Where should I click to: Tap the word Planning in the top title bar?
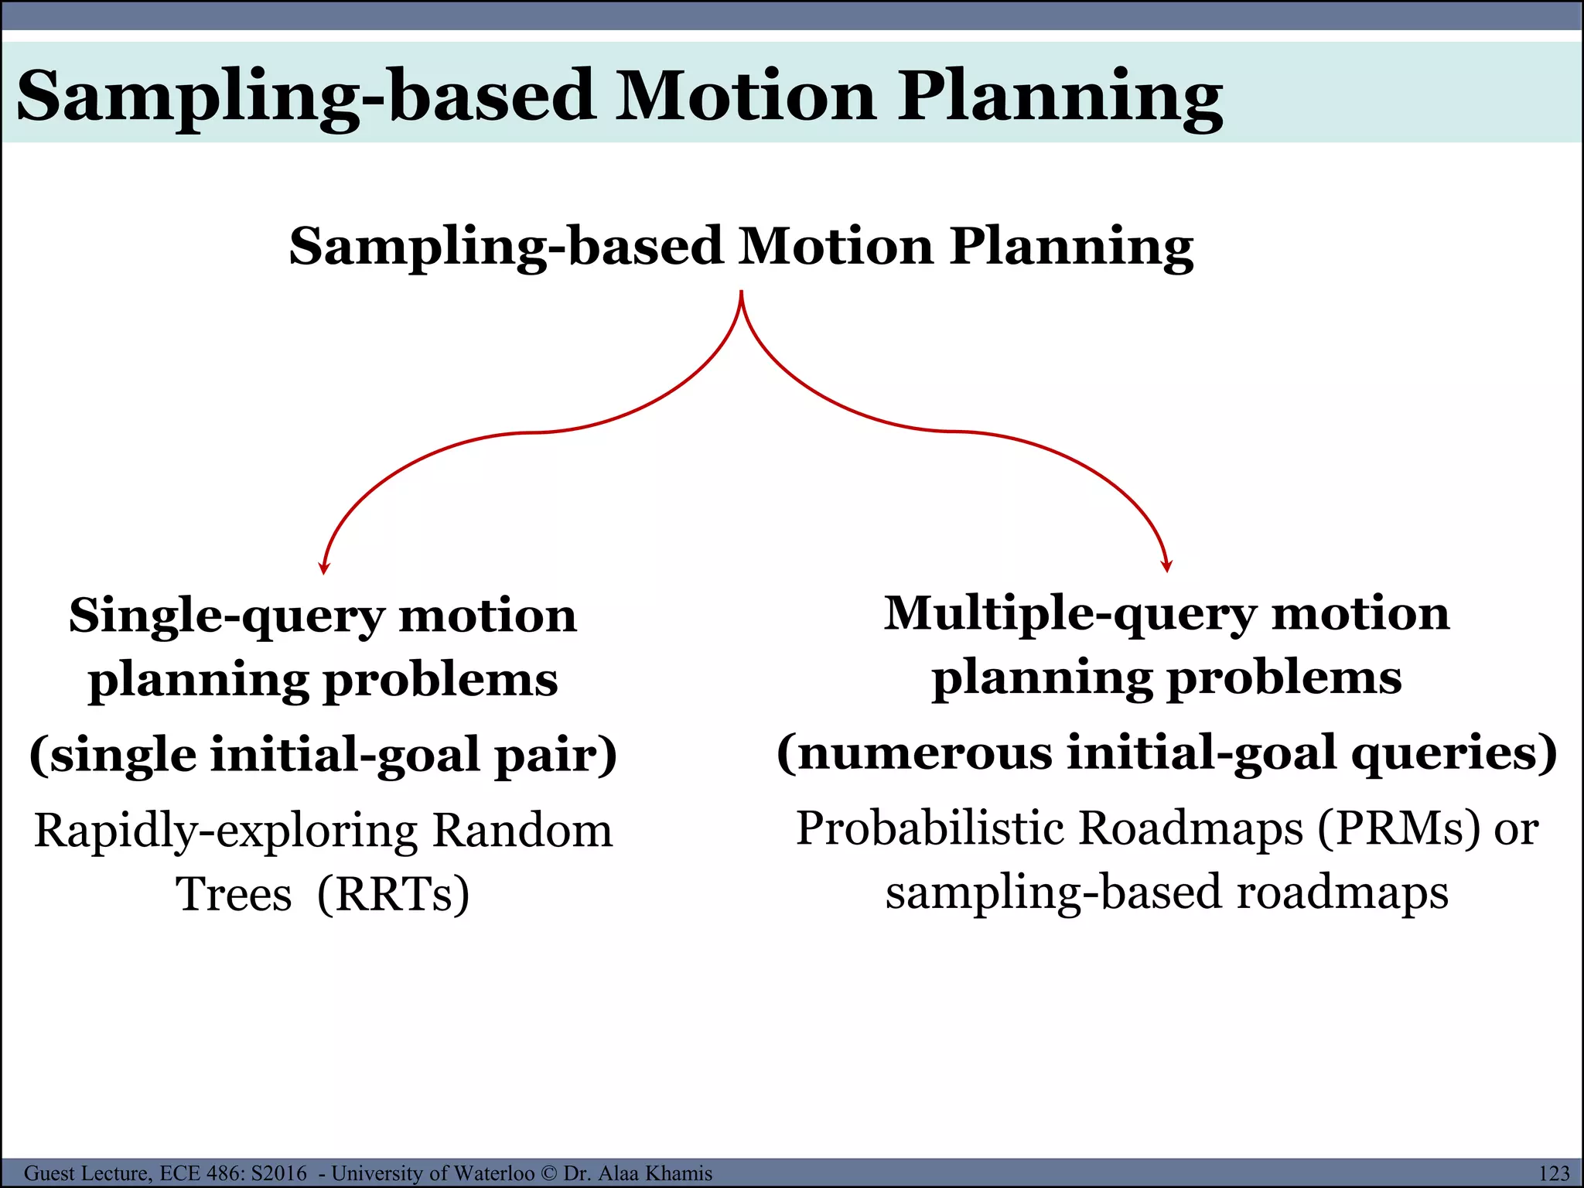click(1060, 96)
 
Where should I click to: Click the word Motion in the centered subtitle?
click(835, 246)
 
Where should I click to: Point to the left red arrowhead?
click(324, 568)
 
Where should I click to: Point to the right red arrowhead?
click(1167, 566)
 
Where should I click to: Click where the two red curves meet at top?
click(742, 294)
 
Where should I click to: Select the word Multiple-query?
click(1070, 614)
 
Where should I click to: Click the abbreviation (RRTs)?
click(393, 894)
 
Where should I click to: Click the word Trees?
click(234, 894)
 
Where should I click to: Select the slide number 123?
click(1554, 1173)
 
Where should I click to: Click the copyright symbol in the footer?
click(548, 1173)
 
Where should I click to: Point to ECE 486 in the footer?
click(199, 1173)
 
